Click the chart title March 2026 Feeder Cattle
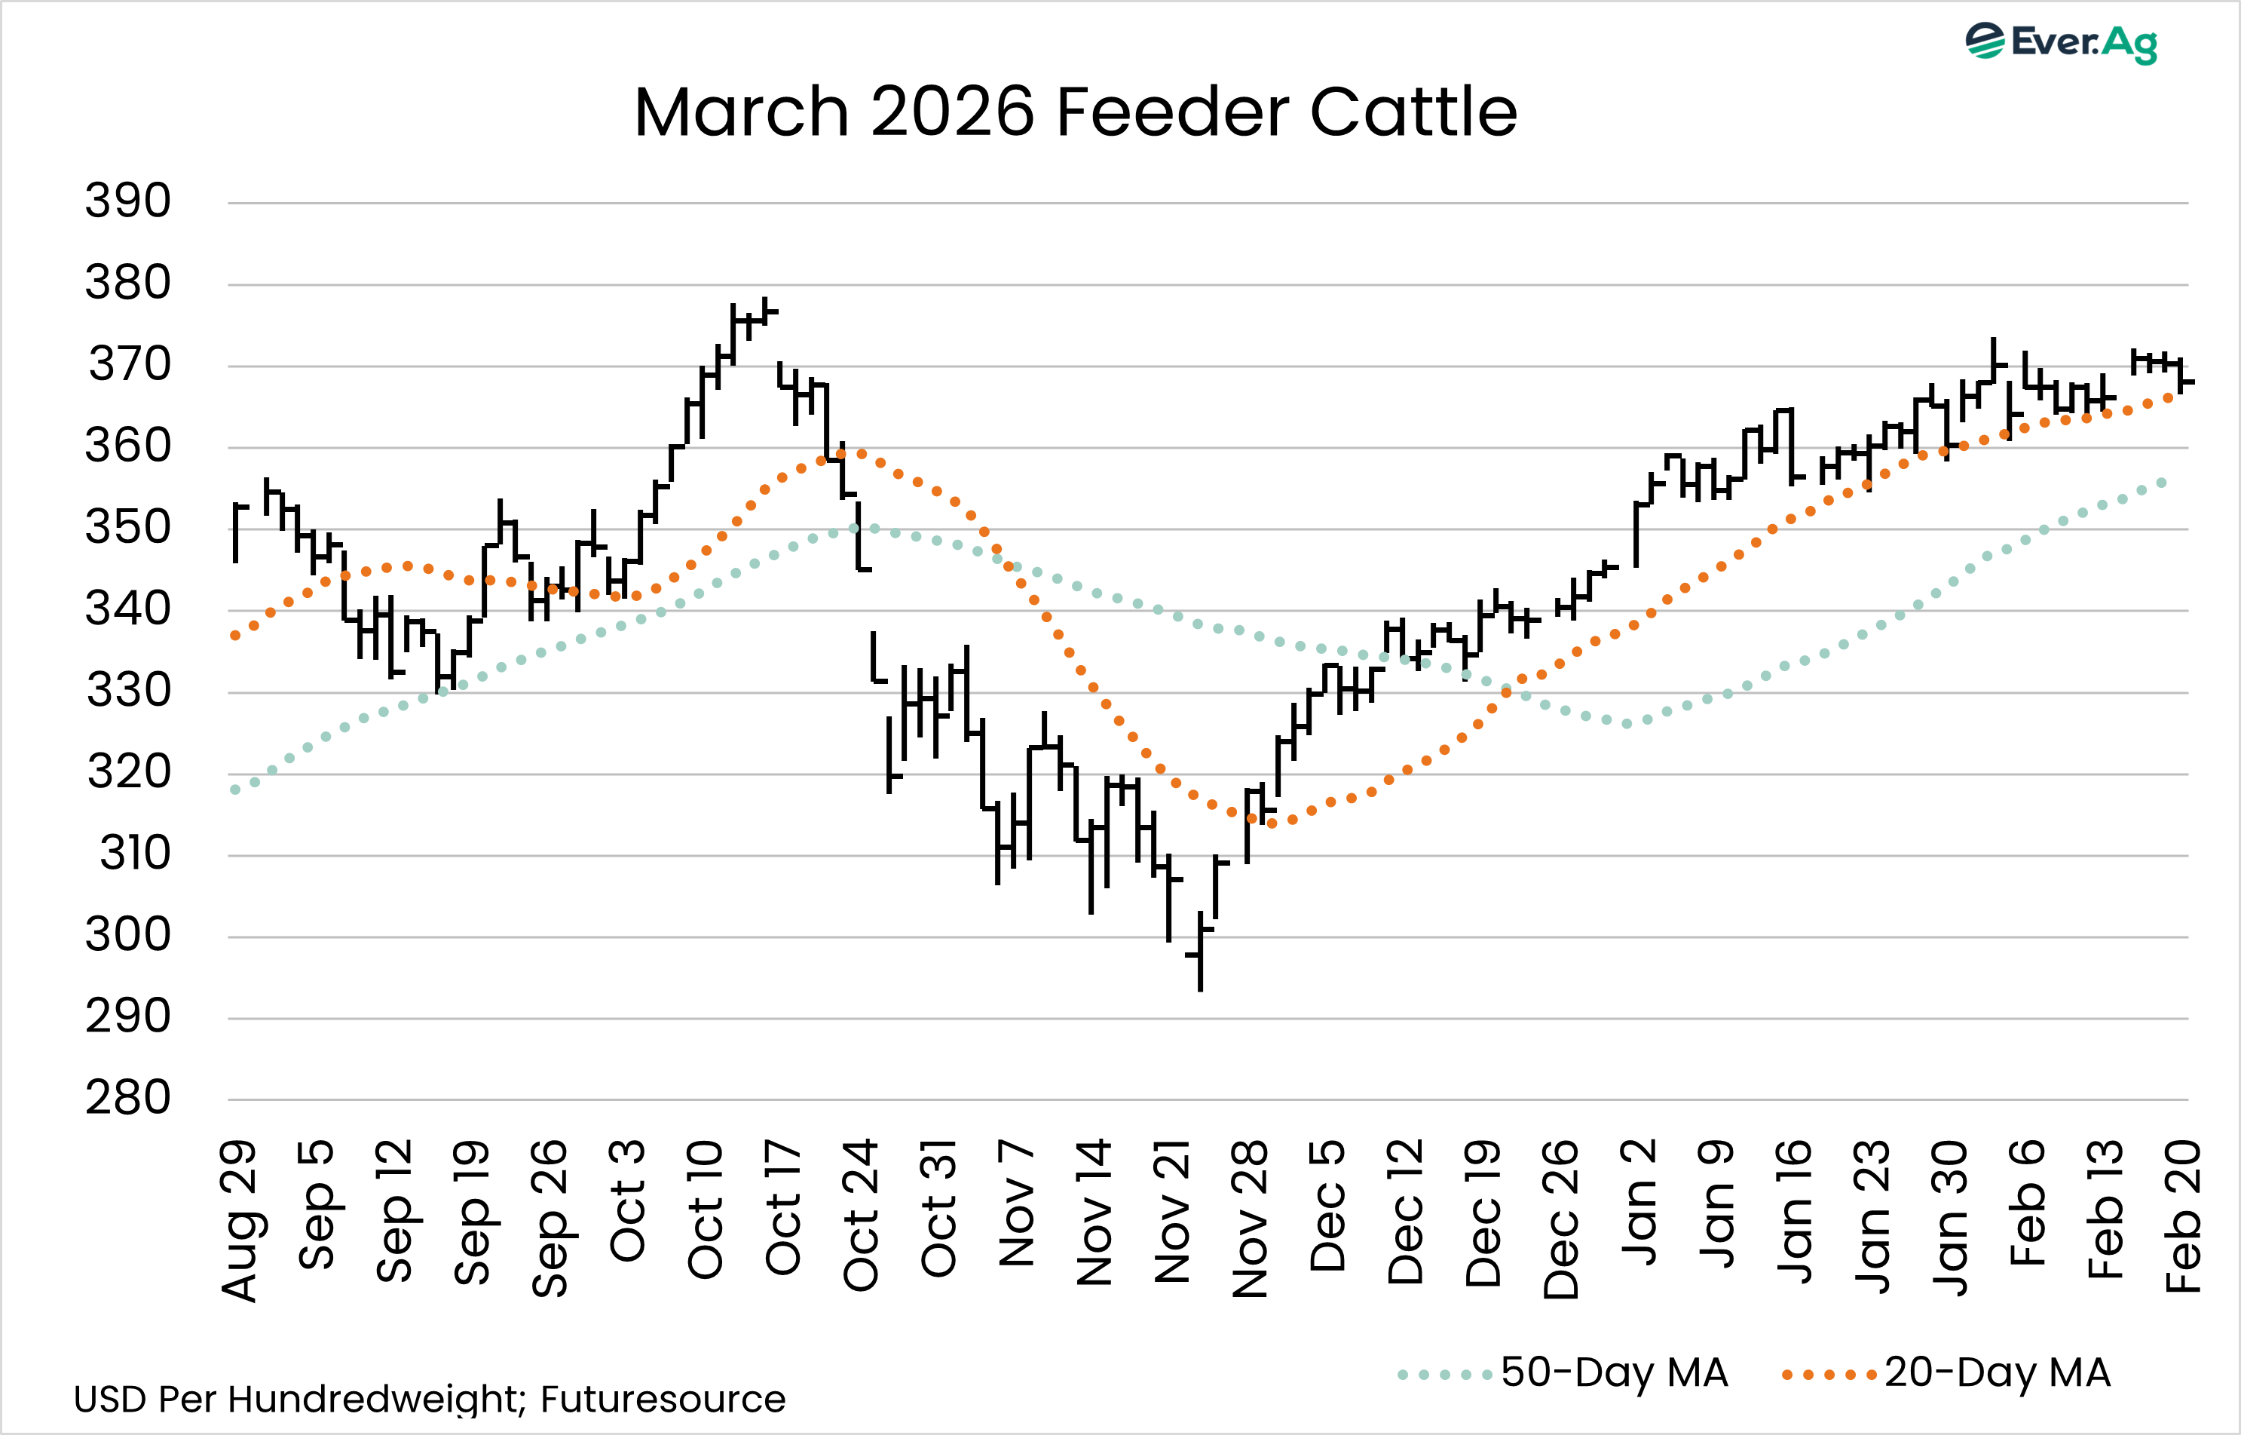(x=1075, y=112)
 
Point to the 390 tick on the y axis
(x=129, y=201)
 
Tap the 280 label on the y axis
(x=129, y=1098)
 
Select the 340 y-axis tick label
(x=129, y=609)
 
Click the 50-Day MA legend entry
(x=1565, y=1372)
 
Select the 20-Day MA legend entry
(x=1947, y=1372)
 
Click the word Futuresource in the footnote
(x=663, y=1399)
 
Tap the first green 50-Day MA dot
(x=234, y=790)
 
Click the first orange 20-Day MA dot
(x=234, y=636)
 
